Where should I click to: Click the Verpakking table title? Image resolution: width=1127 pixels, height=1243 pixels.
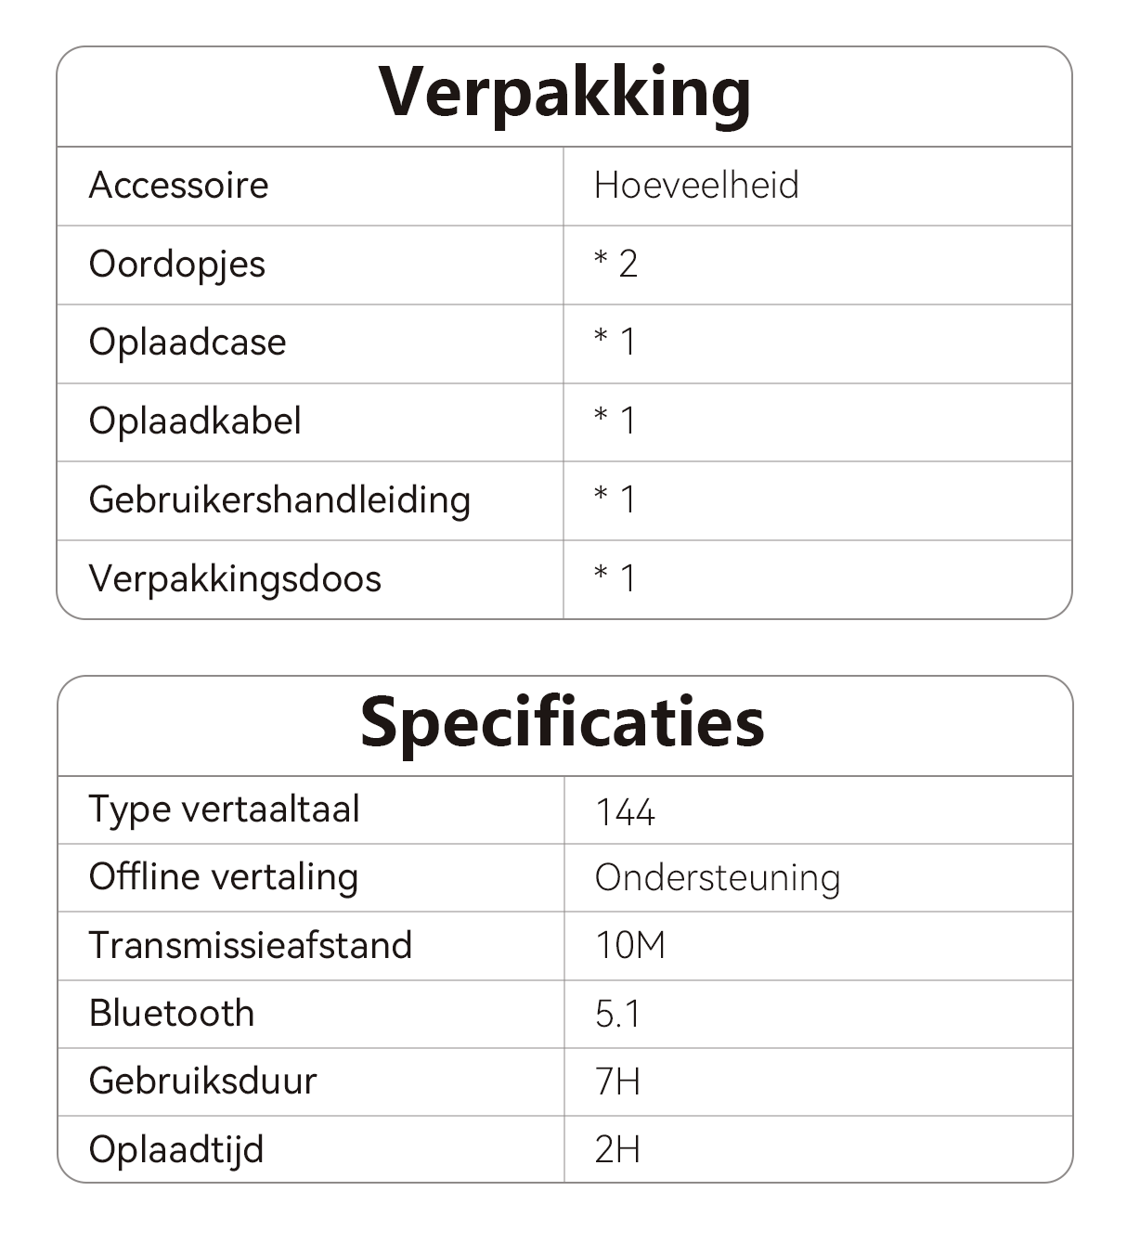(564, 93)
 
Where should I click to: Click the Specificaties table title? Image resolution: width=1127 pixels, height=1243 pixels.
(563, 722)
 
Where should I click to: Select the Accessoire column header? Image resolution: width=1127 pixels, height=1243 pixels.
(178, 186)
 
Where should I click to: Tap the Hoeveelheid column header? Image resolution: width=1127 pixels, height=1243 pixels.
(696, 186)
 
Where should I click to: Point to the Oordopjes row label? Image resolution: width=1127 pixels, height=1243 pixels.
(176, 265)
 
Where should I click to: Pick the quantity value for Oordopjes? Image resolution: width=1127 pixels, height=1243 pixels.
(615, 265)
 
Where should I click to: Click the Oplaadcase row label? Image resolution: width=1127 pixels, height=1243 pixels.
(188, 343)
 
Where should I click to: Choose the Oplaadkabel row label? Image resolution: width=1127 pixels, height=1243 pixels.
(195, 421)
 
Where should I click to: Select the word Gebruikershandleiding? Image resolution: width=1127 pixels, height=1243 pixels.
(279, 500)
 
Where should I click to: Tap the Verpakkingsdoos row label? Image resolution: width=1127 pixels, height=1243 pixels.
(235, 579)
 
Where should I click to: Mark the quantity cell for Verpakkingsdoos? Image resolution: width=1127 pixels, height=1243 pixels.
(615, 579)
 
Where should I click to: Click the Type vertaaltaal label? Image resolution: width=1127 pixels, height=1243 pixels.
(224, 809)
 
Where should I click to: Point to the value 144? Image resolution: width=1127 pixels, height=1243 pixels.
(625, 813)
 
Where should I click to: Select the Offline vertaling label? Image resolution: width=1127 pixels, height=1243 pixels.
(223, 877)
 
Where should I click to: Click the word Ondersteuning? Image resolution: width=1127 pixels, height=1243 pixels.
(718, 878)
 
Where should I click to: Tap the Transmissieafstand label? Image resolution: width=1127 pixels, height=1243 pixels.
(250, 946)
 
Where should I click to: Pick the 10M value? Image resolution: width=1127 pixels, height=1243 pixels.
(630, 946)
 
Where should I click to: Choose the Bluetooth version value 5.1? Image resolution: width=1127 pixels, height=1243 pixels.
(617, 1014)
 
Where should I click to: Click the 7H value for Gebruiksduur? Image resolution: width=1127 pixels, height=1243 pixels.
(617, 1081)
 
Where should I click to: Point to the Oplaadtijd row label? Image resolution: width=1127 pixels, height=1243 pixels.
(176, 1150)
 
